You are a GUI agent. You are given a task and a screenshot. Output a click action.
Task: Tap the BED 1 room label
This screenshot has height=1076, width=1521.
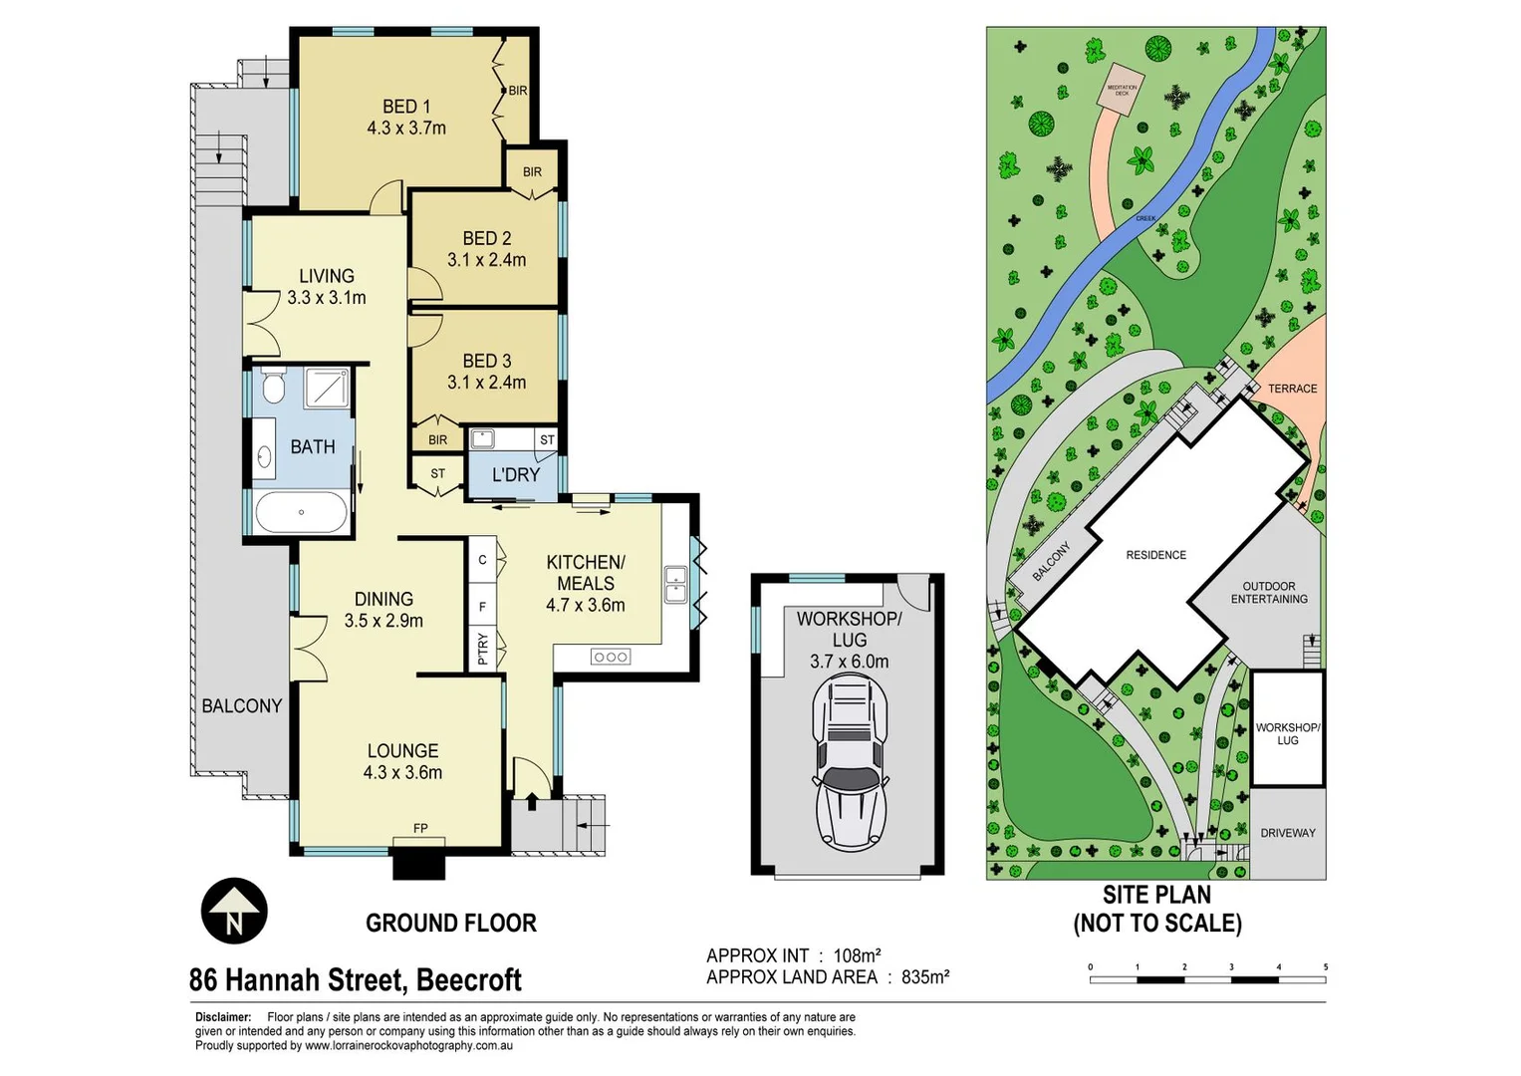406,107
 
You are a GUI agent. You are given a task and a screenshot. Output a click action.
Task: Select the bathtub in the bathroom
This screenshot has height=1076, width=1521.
301,513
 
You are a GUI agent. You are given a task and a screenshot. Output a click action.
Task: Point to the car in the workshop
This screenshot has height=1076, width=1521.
850,762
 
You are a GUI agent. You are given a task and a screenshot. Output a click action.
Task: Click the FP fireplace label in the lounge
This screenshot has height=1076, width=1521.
420,828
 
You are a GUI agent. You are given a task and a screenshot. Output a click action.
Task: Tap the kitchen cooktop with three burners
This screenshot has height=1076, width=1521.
610,657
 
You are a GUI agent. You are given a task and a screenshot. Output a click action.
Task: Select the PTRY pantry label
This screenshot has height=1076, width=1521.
483,649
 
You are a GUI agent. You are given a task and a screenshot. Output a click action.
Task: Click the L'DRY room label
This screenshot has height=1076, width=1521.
516,475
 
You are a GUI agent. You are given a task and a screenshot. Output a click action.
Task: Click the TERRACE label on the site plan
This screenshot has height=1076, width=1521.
1292,389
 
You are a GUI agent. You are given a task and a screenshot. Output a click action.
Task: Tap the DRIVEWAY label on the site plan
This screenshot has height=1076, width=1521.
1287,833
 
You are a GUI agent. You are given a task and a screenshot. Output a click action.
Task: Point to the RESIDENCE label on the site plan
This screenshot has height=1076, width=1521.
1155,555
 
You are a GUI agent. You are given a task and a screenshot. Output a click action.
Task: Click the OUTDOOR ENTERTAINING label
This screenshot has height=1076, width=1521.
1268,593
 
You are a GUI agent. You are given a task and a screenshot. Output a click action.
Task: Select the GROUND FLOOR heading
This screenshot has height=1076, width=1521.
450,924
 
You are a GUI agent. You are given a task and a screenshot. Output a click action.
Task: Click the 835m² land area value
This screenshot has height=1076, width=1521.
924,977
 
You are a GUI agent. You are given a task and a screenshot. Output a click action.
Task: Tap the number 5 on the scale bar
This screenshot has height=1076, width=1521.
1325,966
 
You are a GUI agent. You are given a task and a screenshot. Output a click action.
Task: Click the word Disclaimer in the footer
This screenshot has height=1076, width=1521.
222,1017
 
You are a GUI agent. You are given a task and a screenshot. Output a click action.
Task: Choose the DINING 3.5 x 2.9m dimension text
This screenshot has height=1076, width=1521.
383,621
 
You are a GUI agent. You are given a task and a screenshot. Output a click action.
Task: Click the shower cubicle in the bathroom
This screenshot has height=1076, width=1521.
327,387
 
